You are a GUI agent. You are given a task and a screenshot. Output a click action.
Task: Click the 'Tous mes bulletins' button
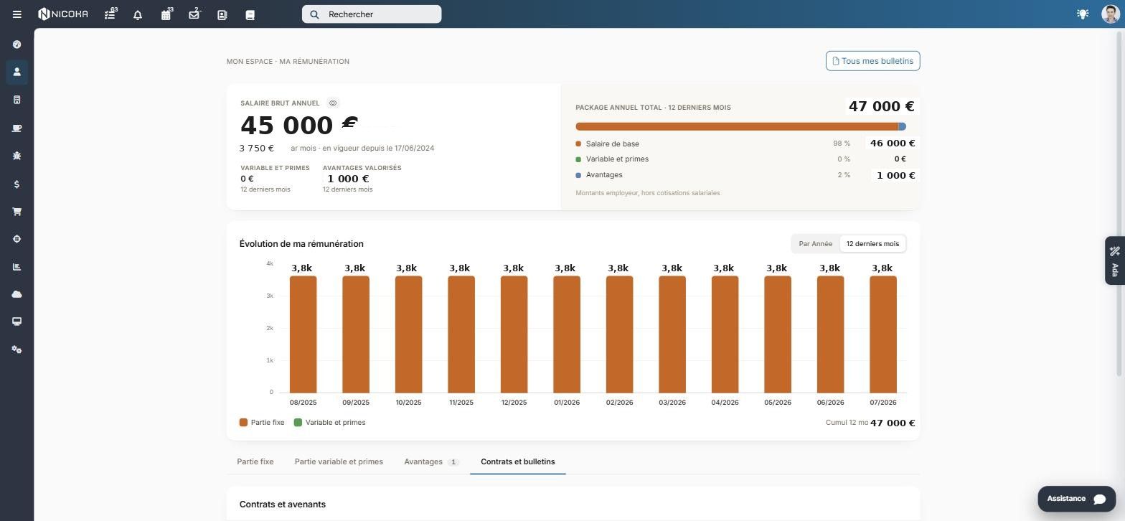pos(872,61)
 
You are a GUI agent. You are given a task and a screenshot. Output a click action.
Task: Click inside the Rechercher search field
pos(372,14)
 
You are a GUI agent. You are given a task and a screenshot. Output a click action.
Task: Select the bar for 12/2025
pos(514,334)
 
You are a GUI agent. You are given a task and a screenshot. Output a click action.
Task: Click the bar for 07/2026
pos(883,334)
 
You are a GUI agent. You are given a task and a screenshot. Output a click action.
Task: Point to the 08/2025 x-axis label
pos(303,403)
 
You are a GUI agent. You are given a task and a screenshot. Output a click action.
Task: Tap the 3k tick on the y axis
pos(270,296)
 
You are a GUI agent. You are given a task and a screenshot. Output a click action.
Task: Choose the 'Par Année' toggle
pos(815,244)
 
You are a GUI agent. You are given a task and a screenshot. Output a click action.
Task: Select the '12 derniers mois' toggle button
pos(872,244)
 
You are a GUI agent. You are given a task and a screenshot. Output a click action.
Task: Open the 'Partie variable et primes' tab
pos(339,461)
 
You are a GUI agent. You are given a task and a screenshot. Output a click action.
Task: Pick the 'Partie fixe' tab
pos(255,461)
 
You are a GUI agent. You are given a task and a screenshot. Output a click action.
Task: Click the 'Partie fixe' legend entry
pos(262,423)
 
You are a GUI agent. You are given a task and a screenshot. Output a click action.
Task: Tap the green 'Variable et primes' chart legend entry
pos(329,423)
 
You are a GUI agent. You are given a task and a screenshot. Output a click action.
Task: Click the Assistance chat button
pos(1076,498)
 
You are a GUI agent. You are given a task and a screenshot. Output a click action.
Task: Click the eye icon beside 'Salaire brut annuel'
pos(332,103)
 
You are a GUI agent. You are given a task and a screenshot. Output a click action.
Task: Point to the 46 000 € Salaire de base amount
pos(893,144)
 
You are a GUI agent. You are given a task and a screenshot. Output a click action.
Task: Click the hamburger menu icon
pos(17,14)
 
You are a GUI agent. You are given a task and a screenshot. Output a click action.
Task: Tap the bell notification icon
pos(138,14)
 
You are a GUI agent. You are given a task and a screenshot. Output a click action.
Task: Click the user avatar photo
pos(1111,14)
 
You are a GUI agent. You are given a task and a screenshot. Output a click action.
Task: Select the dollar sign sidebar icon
pos(17,184)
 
